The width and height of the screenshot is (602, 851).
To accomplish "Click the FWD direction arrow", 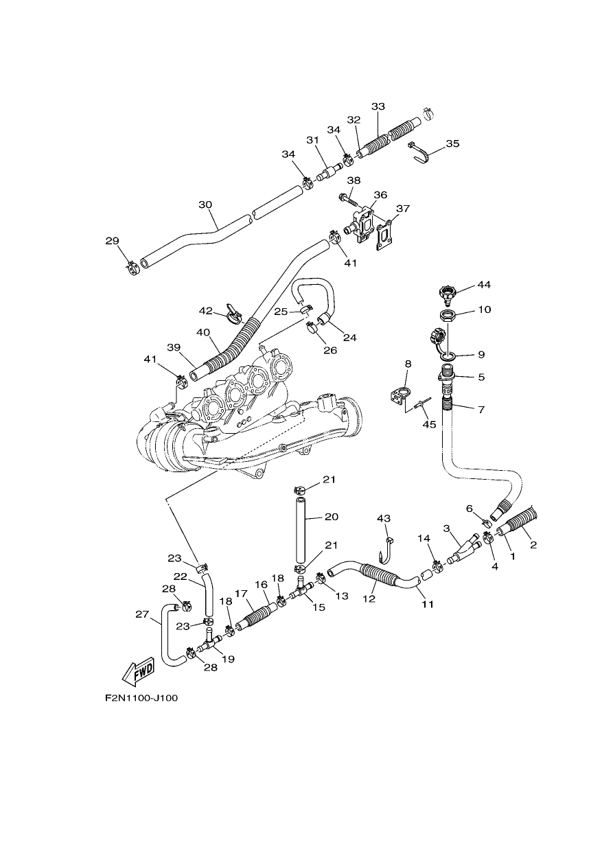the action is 137,671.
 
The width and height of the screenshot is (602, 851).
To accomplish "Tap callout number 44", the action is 484,285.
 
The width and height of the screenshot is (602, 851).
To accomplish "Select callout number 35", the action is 452,143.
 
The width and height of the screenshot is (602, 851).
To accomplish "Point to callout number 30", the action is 205,205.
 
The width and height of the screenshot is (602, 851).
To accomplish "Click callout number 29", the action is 112,241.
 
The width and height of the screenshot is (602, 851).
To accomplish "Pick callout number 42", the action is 206,311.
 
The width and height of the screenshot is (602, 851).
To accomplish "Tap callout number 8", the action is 408,364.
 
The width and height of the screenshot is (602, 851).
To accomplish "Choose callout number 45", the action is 430,423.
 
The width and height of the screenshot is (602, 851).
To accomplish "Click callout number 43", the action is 384,518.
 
